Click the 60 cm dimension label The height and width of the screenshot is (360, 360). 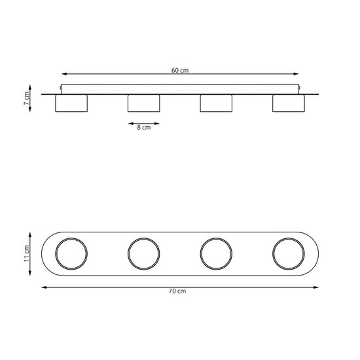(x=179, y=69)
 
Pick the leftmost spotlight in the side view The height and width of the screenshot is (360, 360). (x=71, y=104)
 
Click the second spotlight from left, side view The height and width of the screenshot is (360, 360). (x=144, y=104)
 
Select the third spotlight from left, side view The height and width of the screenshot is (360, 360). (x=216, y=104)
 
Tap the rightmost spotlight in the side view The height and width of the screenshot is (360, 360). (x=288, y=104)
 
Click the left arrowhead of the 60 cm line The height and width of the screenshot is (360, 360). (x=63, y=75)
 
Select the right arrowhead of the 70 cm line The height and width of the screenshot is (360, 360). (x=317, y=286)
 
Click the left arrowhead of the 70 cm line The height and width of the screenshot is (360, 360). (x=43, y=286)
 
